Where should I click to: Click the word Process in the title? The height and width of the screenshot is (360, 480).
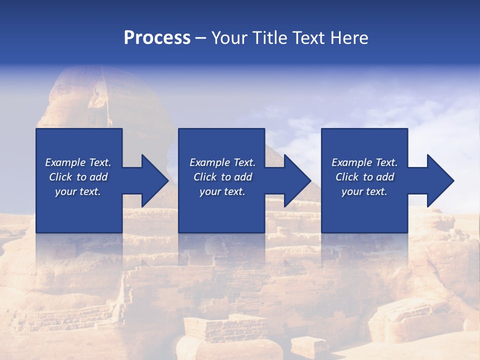(x=157, y=38)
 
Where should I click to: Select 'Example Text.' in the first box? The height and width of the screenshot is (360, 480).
(x=78, y=162)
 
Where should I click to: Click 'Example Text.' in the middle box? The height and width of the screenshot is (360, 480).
(x=222, y=162)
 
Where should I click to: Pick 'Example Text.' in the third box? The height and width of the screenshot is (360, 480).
(x=364, y=162)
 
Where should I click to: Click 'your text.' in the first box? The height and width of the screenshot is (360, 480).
(x=78, y=191)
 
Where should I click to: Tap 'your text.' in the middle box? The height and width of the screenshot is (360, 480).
(x=222, y=191)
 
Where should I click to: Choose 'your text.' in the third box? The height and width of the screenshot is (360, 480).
(x=364, y=191)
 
